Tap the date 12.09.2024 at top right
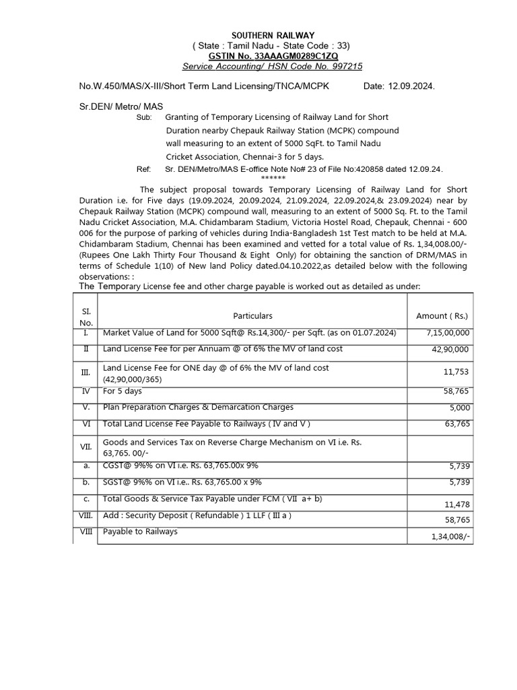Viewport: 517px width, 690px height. tap(411, 87)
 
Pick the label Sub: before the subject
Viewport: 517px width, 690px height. tap(145, 117)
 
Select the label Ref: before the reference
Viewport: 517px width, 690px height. tap(143, 170)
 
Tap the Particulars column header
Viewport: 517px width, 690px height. tap(252, 315)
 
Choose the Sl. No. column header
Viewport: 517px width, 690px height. tap(86, 316)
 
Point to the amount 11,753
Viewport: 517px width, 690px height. tap(456, 372)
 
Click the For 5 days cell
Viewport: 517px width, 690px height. tap(123, 391)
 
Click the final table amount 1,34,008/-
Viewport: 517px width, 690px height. tap(452, 537)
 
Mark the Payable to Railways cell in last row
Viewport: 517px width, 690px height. tap(140, 532)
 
